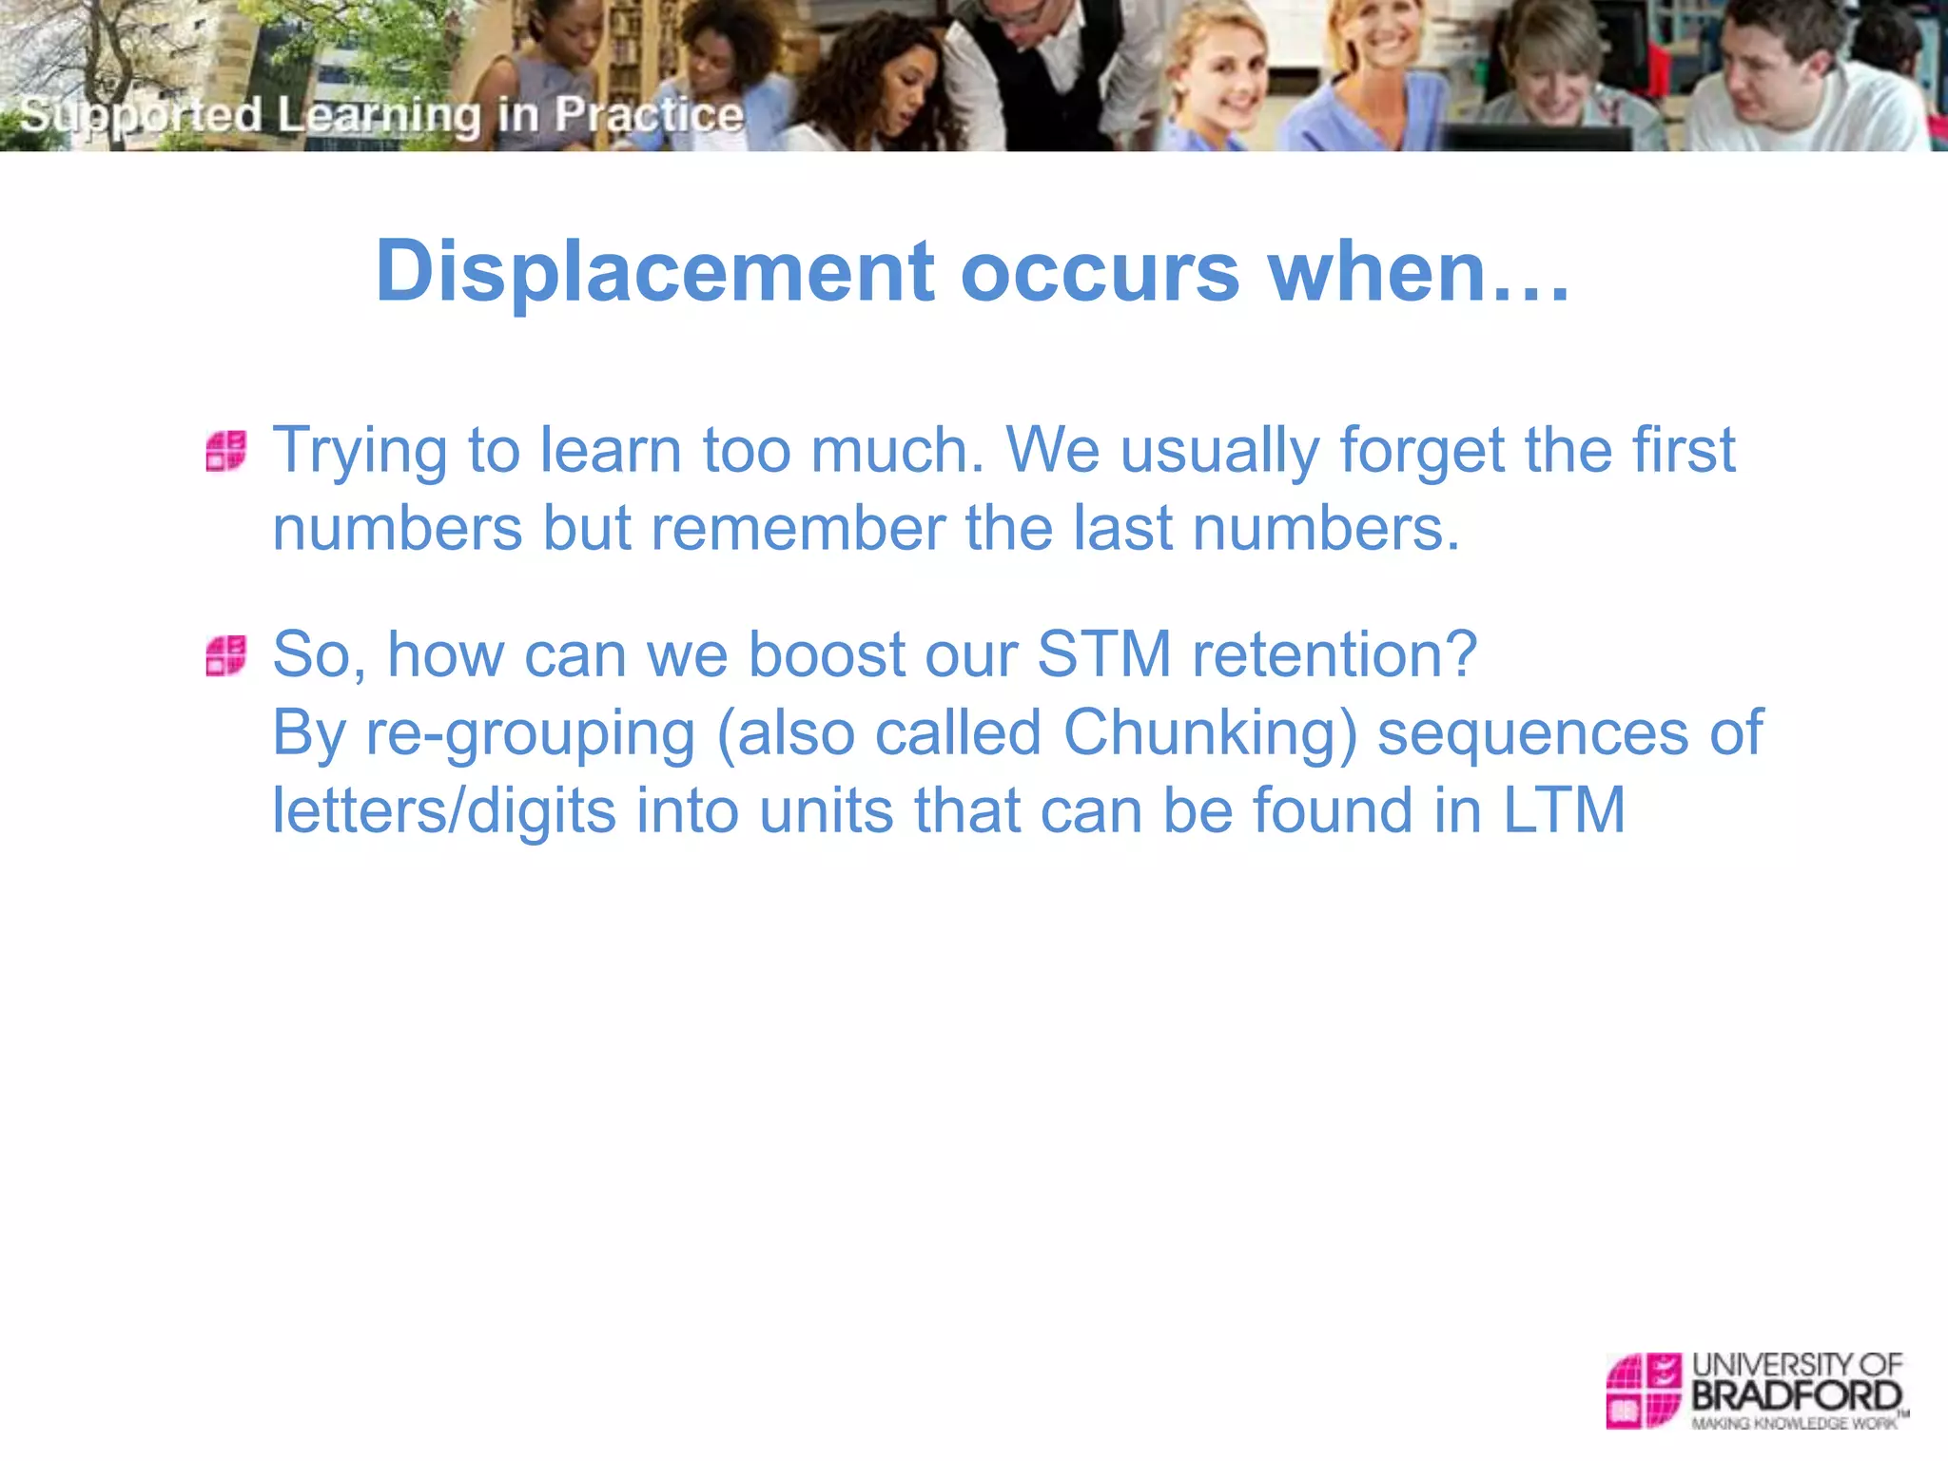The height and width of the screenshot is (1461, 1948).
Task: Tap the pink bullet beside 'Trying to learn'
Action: (226, 451)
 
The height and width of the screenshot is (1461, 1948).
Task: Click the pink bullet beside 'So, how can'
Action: (226, 656)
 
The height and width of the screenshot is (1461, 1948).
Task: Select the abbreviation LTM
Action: (1564, 810)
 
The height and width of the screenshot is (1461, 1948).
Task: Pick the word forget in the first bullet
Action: (1423, 451)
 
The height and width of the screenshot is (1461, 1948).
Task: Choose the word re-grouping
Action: (531, 734)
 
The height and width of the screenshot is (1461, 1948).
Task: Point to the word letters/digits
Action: (444, 810)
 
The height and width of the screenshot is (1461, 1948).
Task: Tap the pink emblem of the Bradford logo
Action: (1644, 1391)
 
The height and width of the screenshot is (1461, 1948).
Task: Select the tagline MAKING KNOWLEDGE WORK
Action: (1794, 1424)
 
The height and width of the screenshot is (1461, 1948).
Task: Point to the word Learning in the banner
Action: (379, 115)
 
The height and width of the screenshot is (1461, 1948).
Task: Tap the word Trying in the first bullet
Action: (360, 451)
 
